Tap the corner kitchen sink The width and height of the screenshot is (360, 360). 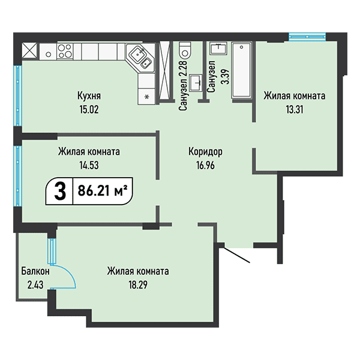pos(142,58)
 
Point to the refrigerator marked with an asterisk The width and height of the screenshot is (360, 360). pos(146,95)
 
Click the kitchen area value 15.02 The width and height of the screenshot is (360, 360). pos(88,109)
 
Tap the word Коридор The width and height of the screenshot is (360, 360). pos(206,151)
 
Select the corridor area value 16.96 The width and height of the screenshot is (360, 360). pos(206,163)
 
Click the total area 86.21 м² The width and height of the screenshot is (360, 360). pos(102,192)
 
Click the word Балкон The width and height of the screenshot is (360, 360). pos(34,271)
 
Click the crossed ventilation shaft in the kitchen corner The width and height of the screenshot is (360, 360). pos(30,50)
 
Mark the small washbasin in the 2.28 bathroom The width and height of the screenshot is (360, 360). pos(195,82)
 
